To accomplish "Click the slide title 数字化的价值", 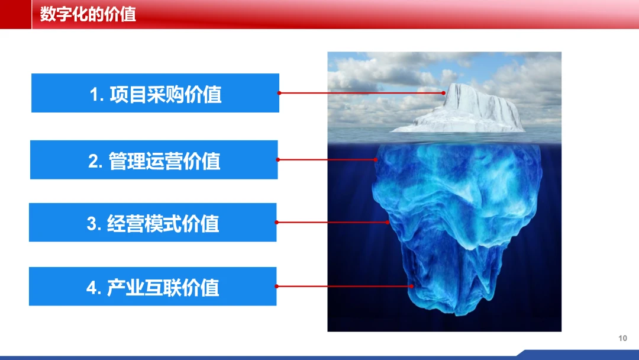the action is [88, 14].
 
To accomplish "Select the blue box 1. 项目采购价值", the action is [155, 93].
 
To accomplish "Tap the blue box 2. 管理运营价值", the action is [154, 160].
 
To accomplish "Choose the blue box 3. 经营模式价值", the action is [153, 223].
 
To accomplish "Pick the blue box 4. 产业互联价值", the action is [153, 286].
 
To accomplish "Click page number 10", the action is [622, 338].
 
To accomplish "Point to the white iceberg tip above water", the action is [460, 110].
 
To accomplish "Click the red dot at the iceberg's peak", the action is [443, 93].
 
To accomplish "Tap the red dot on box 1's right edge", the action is [279, 93].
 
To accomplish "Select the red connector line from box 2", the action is [327, 160].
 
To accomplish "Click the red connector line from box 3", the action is [332, 222].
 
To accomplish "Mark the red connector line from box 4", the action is [344, 286].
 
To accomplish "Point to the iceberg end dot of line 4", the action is [412, 286].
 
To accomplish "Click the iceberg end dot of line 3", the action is [387, 222].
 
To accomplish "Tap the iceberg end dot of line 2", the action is [375, 160].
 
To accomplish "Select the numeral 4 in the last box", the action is [91, 288].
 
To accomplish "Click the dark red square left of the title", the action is [15, 14].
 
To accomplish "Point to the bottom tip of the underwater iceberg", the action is [459, 315].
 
